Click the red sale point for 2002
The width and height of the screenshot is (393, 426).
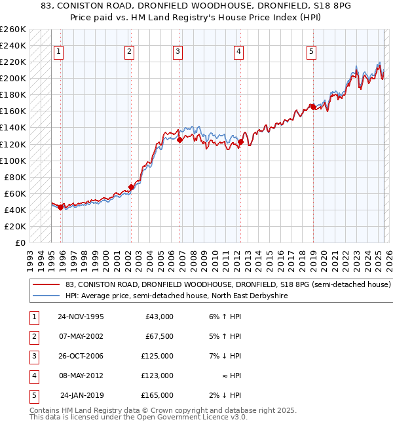[x=131, y=187]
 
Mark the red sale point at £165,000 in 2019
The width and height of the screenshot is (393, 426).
[x=313, y=107]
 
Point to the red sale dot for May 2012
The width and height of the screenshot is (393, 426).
[x=241, y=142]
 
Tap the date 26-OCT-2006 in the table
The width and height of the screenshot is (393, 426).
[x=81, y=356]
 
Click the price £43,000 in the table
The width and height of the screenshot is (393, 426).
[x=159, y=317]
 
